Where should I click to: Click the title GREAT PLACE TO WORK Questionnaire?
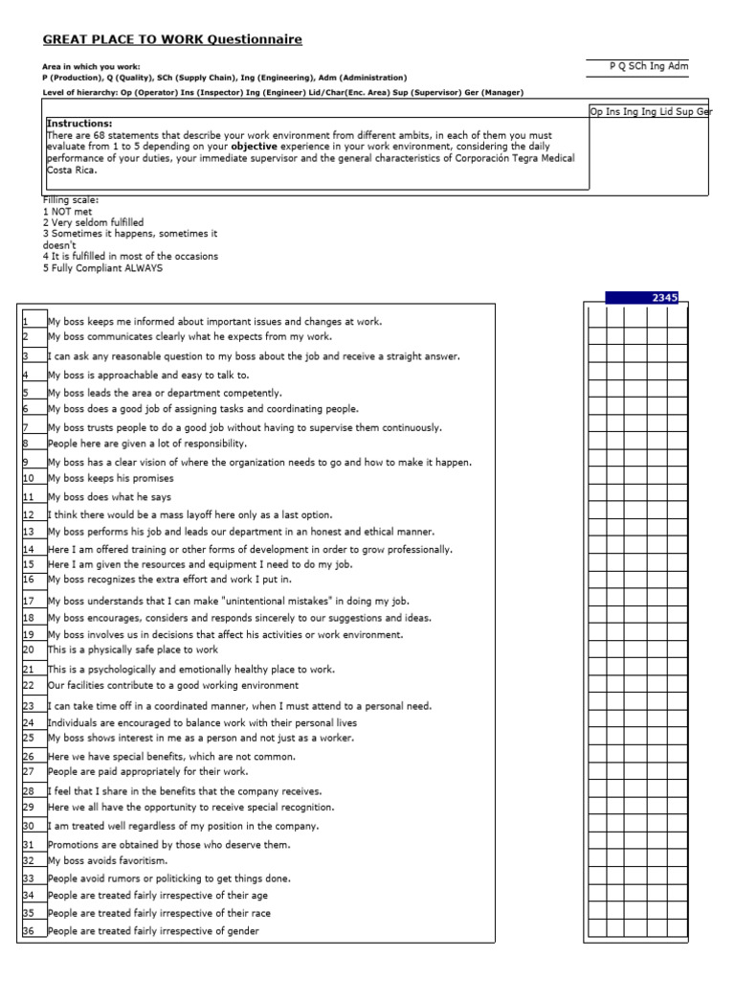(172, 39)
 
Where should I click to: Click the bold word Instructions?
(79, 124)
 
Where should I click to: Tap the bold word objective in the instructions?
(278, 147)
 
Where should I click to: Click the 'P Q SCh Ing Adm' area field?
(649, 66)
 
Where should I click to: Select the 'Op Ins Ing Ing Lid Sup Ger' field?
(651, 112)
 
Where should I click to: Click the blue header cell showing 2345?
(642, 298)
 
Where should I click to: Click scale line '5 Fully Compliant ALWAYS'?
(102, 268)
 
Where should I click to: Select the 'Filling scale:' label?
(71, 199)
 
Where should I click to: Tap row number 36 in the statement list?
(29, 931)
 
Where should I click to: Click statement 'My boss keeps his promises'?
(111, 477)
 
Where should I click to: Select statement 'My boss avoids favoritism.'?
(100, 860)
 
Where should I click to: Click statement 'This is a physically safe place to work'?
(133, 650)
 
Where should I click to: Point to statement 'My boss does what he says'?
(110, 497)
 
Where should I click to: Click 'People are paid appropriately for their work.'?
(147, 771)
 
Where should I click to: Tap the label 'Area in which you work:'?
(91, 67)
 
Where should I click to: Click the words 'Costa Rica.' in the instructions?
(73, 168)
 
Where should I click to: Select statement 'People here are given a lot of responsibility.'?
(147, 444)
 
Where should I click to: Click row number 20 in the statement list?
(29, 650)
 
